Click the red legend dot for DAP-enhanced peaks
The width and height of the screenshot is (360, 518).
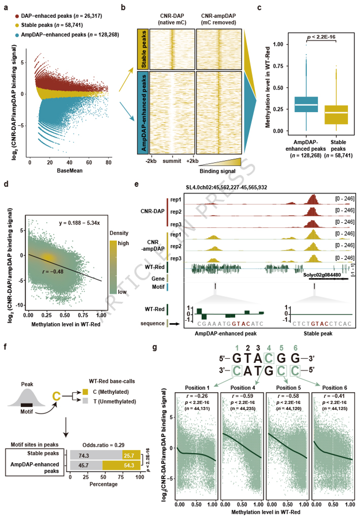[17, 17]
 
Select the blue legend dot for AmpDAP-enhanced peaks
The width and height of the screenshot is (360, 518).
[17, 35]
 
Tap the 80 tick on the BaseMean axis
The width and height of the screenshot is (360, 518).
[108, 162]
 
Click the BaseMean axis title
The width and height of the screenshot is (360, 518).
[70, 171]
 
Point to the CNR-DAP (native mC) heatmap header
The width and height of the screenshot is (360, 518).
[172, 19]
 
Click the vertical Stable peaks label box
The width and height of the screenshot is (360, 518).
[143, 49]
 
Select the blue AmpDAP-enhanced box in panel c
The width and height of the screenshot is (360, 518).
[306, 105]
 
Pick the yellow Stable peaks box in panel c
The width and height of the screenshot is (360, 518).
[336, 115]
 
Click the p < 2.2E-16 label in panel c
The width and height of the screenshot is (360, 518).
[321, 37]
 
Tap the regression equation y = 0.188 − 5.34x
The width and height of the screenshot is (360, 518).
[79, 223]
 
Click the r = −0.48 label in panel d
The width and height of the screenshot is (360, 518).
[53, 271]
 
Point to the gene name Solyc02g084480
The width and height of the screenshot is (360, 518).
[322, 275]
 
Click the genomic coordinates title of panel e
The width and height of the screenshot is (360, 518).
[226, 187]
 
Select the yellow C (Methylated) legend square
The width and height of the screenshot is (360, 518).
[85, 392]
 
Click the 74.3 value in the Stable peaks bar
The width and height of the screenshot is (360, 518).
[84, 456]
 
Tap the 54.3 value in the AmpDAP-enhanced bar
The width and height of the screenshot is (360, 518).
[129, 465]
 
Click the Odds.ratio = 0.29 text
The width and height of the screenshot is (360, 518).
[104, 445]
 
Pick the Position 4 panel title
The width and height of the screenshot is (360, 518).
[243, 388]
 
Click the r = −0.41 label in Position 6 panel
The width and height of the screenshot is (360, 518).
[335, 396]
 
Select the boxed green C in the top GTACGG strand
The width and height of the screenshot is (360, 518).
[269, 358]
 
